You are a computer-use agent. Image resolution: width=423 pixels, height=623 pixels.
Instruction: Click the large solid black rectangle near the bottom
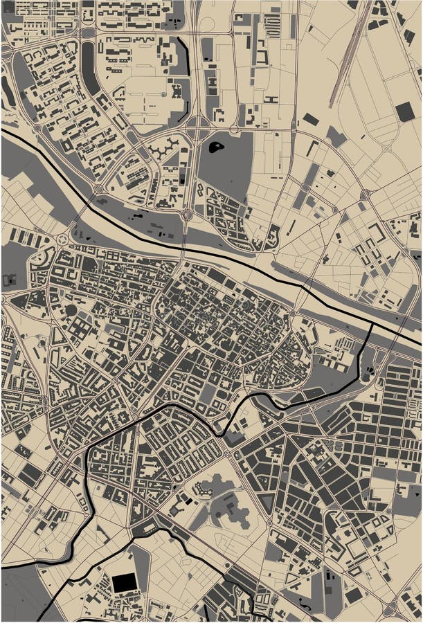coord(125,583)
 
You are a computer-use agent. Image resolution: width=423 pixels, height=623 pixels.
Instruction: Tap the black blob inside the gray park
coord(217,147)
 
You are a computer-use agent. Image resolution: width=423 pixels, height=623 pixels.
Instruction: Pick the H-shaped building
coord(271,100)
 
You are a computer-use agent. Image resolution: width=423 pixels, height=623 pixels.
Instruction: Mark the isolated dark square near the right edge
coord(405,111)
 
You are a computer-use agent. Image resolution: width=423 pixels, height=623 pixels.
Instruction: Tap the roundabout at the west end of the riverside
coord(63,239)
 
